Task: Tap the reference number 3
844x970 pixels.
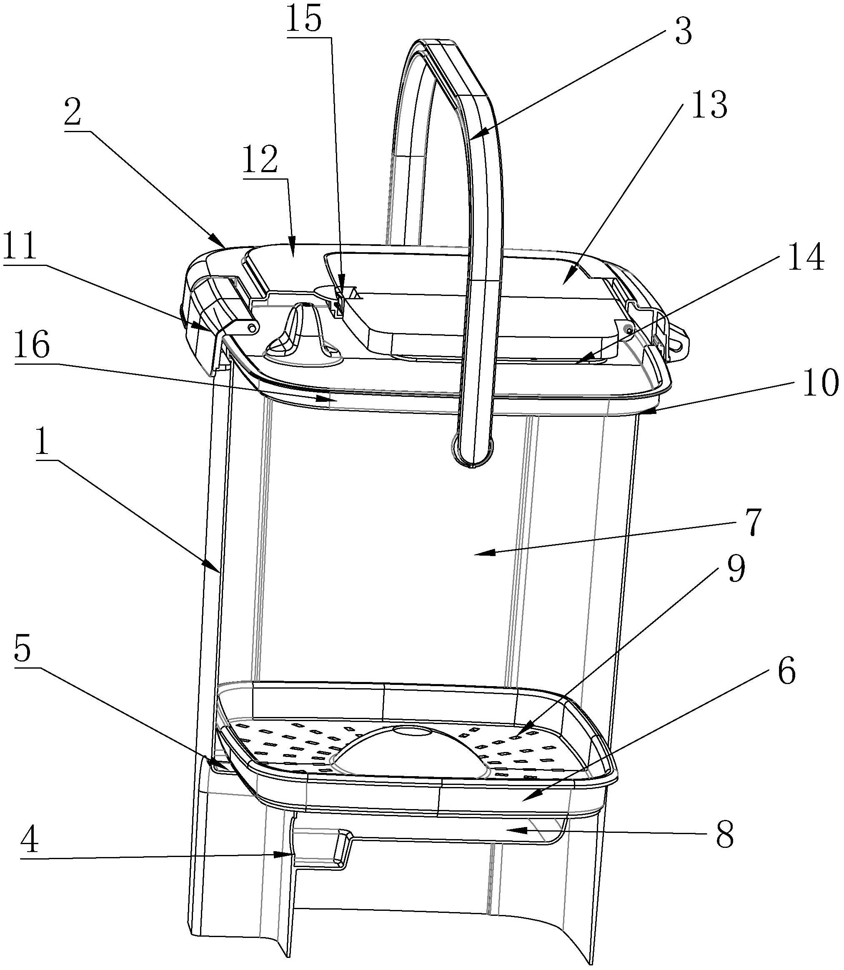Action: click(683, 31)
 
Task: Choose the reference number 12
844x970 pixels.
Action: click(260, 160)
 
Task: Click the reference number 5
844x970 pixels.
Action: click(23, 650)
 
